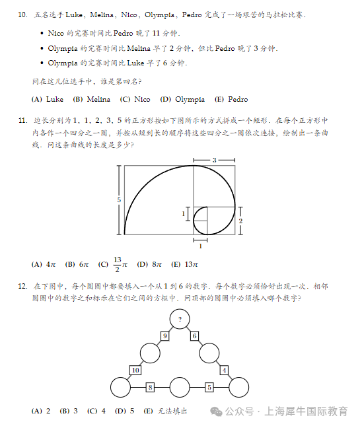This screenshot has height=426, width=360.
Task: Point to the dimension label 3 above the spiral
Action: click(214, 160)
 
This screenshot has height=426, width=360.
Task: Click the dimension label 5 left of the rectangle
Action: click(120, 199)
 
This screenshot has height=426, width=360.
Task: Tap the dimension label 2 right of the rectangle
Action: click(241, 221)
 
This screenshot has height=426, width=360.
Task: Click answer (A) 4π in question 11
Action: click(44, 265)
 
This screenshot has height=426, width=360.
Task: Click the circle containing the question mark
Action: click(180, 320)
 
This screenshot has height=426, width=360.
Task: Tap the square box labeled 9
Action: click(165, 336)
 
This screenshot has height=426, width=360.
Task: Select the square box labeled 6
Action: click(195, 336)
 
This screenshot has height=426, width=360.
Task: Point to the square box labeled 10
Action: click(135, 370)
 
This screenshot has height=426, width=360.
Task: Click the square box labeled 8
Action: click(151, 387)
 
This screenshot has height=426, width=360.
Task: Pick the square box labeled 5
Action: click(209, 387)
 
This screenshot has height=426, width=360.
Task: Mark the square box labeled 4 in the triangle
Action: click(225, 370)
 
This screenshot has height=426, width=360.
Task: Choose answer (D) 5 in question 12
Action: click(125, 411)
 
